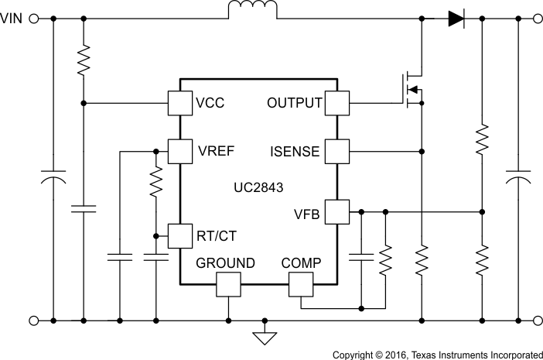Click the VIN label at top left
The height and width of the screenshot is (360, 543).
[13, 19]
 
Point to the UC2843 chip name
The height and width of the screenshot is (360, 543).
[259, 187]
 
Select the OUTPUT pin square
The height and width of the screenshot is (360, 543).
[337, 103]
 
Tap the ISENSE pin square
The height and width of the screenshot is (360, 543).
[337, 150]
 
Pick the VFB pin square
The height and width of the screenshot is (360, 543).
[337, 211]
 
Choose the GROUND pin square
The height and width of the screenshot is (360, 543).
[228, 286]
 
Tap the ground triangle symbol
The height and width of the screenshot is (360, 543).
[265, 336]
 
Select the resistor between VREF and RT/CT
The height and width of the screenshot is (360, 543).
[156, 184]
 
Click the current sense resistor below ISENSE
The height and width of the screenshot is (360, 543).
[422, 261]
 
